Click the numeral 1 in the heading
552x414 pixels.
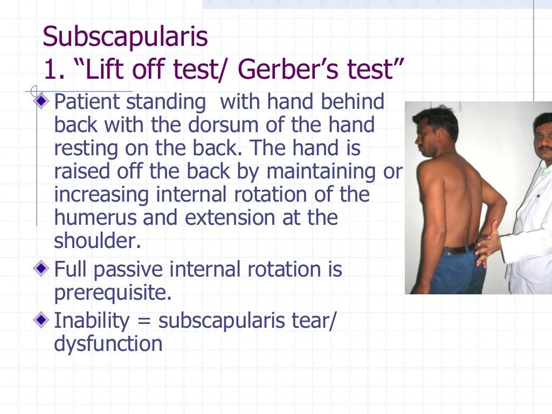[x=50, y=70]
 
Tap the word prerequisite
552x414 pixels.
[x=112, y=292]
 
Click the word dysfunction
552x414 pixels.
[x=108, y=344]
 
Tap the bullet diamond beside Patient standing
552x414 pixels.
[x=43, y=101]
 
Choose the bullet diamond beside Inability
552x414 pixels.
[x=43, y=321]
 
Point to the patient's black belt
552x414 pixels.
[x=459, y=249]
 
